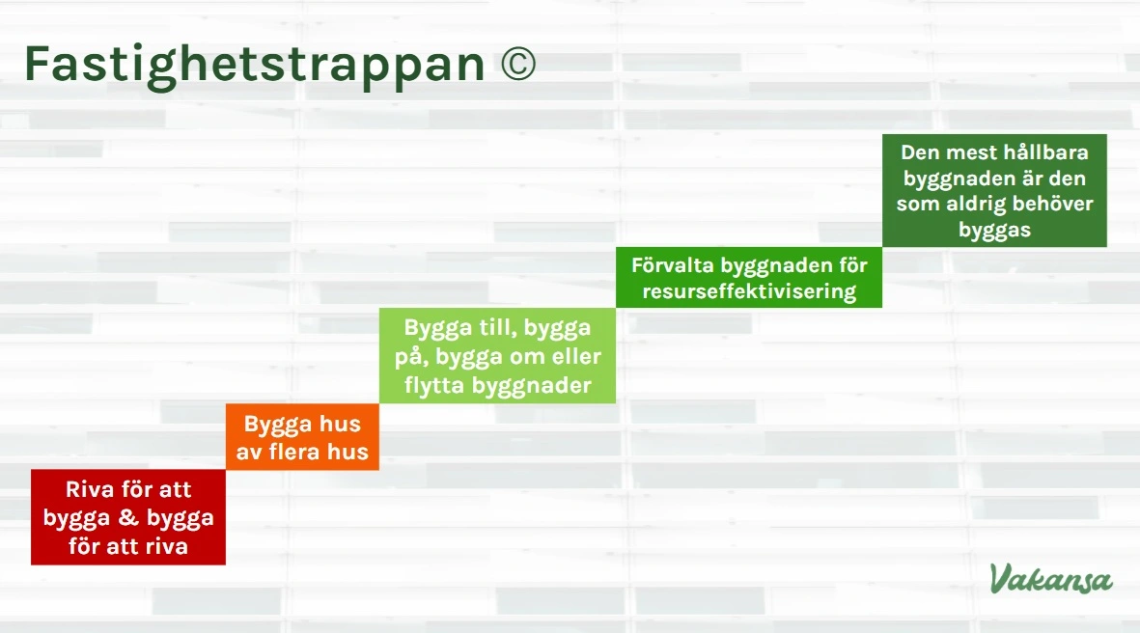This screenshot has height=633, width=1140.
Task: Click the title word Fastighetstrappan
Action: tap(253, 64)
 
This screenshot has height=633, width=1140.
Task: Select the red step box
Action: tap(128, 517)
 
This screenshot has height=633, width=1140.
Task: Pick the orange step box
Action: tap(302, 437)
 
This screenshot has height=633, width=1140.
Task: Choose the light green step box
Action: tap(497, 356)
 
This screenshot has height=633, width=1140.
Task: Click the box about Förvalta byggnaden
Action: tap(749, 278)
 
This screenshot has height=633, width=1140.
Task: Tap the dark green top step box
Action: tap(994, 191)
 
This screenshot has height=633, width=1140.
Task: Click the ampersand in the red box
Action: tap(129, 518)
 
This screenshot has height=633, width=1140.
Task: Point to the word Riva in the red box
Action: tap(88, 489)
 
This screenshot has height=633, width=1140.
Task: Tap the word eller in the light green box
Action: tap(575, 357)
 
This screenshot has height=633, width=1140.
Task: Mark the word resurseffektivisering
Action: tap(749, 291)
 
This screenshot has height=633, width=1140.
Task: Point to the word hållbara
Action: tap(1046, 152)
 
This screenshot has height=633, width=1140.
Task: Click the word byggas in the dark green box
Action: tap(994, 230)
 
